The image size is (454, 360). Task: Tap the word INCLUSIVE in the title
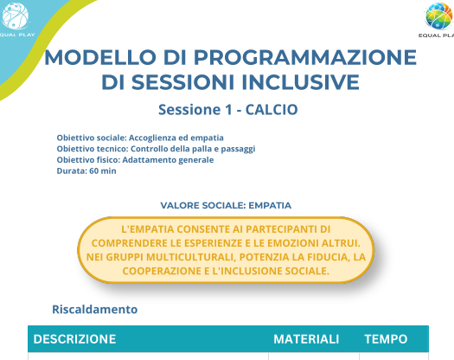point(301,82)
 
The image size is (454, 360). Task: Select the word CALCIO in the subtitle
point(272,110)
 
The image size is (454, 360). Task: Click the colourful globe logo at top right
point(439,16)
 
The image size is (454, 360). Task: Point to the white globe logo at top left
point(15,16)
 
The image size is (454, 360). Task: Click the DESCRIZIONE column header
point(74,339)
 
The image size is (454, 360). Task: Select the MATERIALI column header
point(306,339)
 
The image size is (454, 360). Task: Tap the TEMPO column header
point(386,339)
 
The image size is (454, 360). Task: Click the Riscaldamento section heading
point(94,309)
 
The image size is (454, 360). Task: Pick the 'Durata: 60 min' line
point(86,171)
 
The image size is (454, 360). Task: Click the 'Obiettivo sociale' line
point(140,138)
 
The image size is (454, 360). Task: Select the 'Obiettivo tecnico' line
point(156,149)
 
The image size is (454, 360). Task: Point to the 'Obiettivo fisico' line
point(135,160)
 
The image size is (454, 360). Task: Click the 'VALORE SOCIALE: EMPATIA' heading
point(226,205)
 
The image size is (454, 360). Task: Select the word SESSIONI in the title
point(182,82)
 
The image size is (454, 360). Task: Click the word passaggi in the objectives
point(238,150)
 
